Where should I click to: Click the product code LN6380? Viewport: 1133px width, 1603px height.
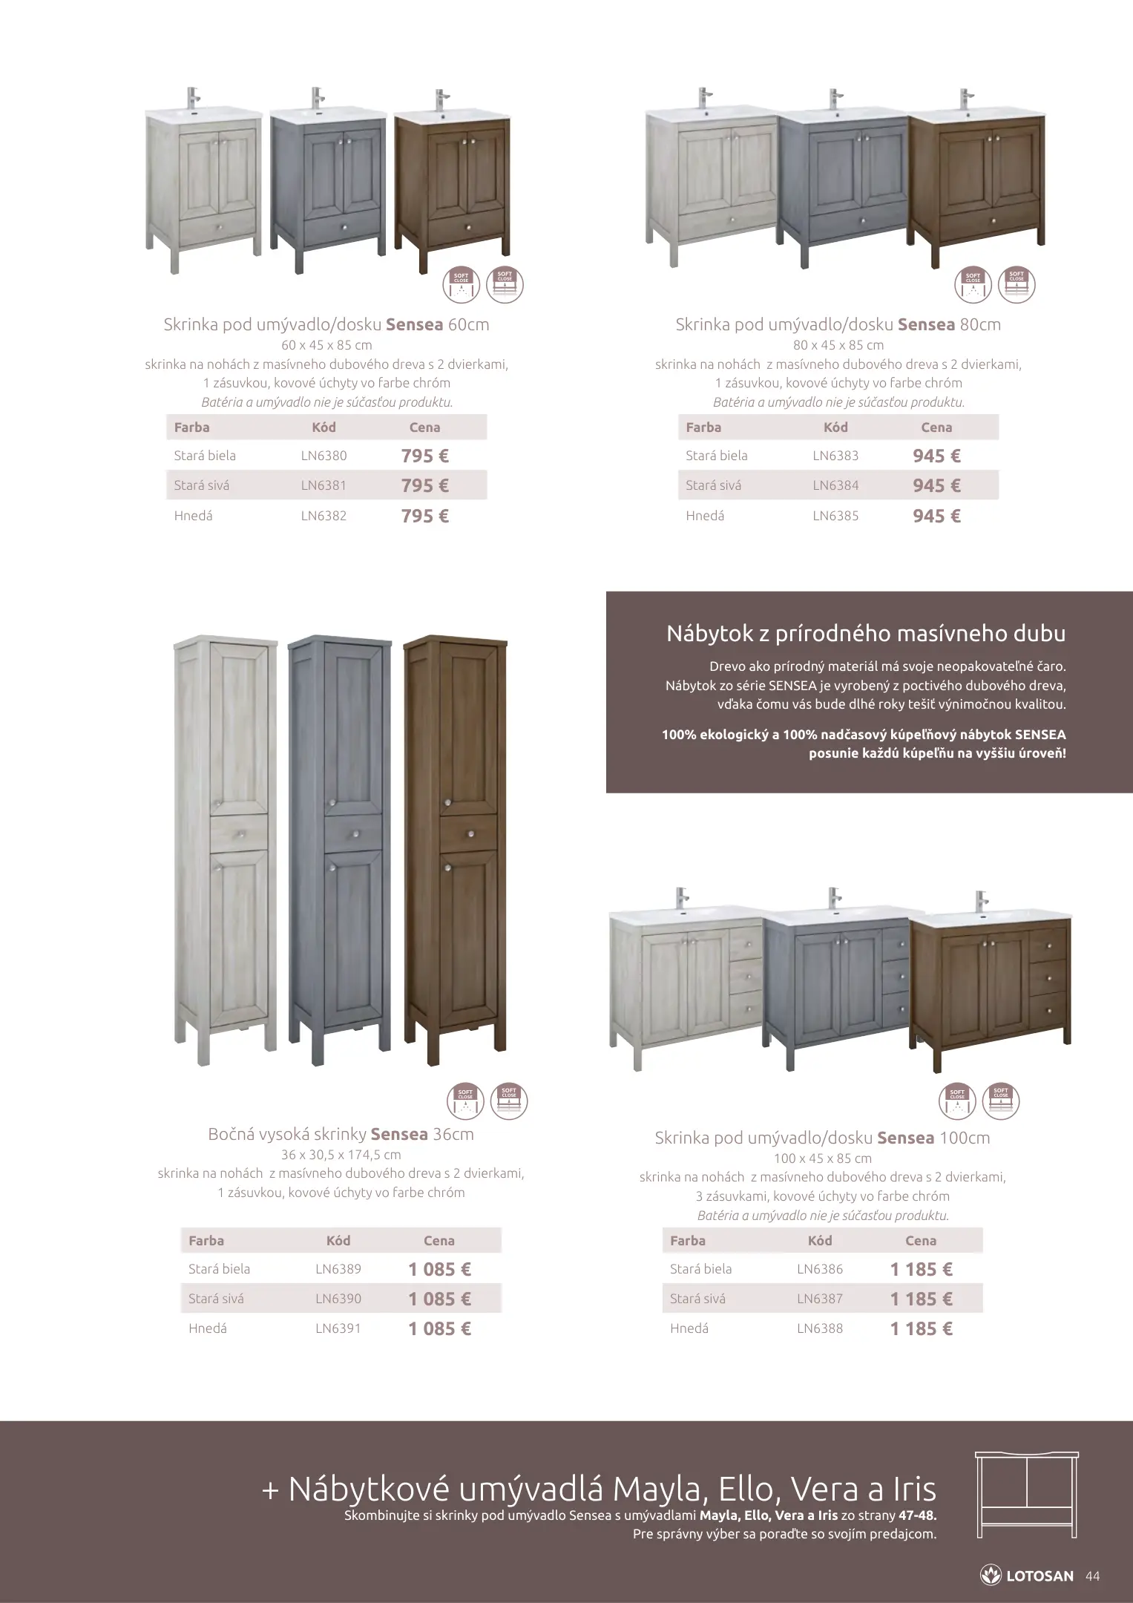click(324, 456)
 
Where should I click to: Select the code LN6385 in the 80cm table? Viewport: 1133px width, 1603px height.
click(835, 516)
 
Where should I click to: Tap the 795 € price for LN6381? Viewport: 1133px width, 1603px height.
click(424, 486)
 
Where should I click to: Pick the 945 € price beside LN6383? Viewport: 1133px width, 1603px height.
click(936, 456)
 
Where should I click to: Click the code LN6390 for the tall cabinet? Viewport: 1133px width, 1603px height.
click(338, 1299)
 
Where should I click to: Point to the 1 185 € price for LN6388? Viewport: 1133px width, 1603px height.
click(921, 1328)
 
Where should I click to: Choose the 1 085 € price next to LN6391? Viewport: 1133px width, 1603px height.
click(439, 1328)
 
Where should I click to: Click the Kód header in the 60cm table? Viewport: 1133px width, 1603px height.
click(324, 427)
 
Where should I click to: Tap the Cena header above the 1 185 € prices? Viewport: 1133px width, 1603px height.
click(921, 1240)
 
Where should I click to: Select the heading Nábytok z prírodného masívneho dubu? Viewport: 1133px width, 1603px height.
click(866, 633)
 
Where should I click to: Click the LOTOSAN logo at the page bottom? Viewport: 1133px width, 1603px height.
click(1028, 1576)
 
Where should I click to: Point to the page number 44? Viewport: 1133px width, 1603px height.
click(1092, 1576)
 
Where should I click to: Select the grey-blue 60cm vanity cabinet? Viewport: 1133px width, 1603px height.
click(327, 186)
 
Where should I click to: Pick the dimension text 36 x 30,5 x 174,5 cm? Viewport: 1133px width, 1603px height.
click(341, 1155)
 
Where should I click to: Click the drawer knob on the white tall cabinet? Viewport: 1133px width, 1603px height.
click(240, 835)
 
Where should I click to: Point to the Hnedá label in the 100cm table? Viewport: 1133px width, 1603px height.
click(689, 1328)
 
